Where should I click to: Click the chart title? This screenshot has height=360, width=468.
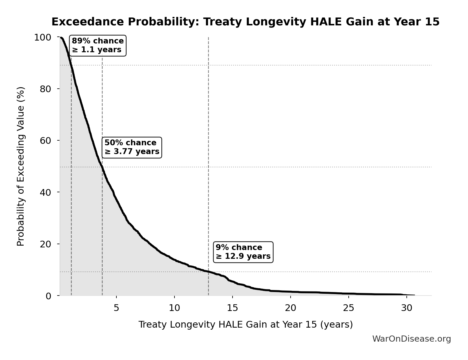[x=245, y=22]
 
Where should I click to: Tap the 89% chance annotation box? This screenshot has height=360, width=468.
[x=98, y=46]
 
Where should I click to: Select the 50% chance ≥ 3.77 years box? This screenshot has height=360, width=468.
[x=132, y=147]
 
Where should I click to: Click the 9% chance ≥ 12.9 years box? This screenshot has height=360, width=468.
[x=243, y=252]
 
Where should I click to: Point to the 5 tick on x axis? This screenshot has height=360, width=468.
[x=116, y=308]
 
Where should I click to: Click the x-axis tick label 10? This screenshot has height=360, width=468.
[x=174, y=308]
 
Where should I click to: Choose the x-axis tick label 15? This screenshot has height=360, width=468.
[x=232, y=308]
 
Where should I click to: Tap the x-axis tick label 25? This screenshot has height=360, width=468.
[x=348, y=308]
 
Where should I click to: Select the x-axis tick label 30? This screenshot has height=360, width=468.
[x=406, y=308]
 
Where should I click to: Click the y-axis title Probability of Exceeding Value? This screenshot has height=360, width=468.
[x=21, y=166]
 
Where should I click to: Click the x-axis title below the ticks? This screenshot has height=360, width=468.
[x=245, y=324]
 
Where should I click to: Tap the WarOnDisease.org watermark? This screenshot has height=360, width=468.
[x=411, y=339]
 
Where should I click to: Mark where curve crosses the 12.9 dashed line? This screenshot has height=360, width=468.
[x=208, y=272]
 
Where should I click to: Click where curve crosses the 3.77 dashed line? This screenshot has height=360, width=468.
[x=102, y=167]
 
